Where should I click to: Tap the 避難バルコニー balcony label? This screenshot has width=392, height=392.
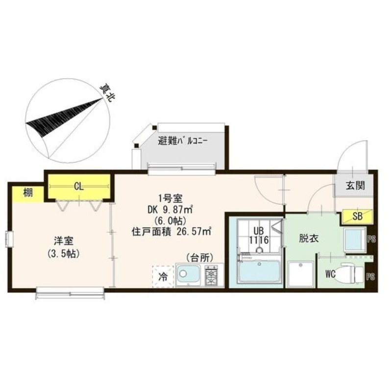coord(182,142)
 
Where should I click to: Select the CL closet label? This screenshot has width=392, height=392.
coord(79,186)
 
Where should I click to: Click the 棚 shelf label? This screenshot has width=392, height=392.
coord(28,193)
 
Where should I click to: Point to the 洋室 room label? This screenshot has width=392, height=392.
coord(64,241)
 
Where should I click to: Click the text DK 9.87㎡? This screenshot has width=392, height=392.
coord(170,210)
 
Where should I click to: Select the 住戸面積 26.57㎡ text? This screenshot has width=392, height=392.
coord(171,232)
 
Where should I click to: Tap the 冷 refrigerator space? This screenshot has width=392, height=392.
coord(163,276)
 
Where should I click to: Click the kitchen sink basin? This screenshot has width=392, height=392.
coord(188,274)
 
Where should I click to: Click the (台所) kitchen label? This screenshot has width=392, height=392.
coord(199,258)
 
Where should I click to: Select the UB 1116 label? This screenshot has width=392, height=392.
coord(259,236)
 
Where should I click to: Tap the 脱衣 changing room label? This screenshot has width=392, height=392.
coord(309,239)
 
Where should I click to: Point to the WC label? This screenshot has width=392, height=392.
coord(330,274)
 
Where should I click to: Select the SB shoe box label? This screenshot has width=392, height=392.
coord(358,216)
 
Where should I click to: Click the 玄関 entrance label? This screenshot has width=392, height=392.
coord(356,185)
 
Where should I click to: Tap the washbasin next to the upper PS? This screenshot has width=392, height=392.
coord(355,240)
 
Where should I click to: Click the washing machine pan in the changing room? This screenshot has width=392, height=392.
coord(301,274)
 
